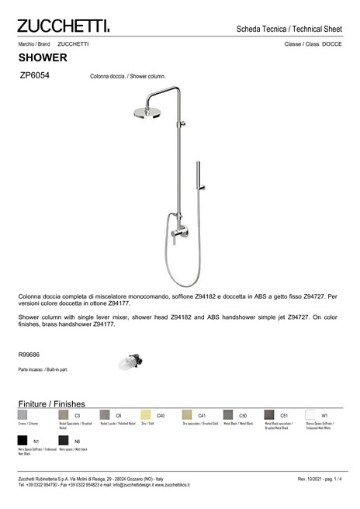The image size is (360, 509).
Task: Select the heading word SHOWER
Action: click(43, 58)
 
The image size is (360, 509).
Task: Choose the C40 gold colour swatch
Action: click(145, 415)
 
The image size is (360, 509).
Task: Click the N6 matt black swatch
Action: click(64, 441)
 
